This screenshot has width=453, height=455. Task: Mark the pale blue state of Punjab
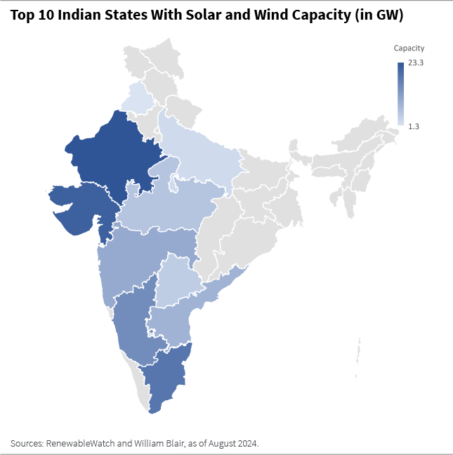pos(138,98)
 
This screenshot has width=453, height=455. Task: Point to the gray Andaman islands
pos(359,351)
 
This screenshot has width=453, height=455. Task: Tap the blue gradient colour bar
pos(400,94)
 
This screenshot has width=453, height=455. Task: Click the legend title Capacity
pos(409,48)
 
